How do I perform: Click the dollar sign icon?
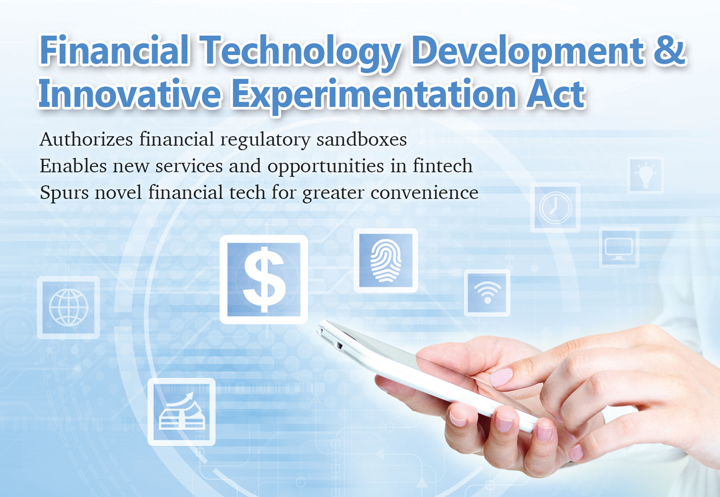click(264, 279)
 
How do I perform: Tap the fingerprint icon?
click(386, 260)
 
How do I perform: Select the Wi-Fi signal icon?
click(487, 293)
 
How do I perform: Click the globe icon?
click(69, 307)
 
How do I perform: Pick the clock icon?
click(555, 207)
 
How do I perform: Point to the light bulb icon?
click(646, 175)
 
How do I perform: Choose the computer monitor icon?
click(619, 247)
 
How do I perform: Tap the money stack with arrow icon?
click(182, 412)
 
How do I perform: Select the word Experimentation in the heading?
click(374, 96)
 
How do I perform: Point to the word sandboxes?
click(361, 139)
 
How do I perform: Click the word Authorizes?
click(86, 139)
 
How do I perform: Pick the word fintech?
click(442, 166)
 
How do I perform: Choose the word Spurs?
click(64, 193)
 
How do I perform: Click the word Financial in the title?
click(114, 50)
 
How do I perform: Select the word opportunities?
click(325, 167)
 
